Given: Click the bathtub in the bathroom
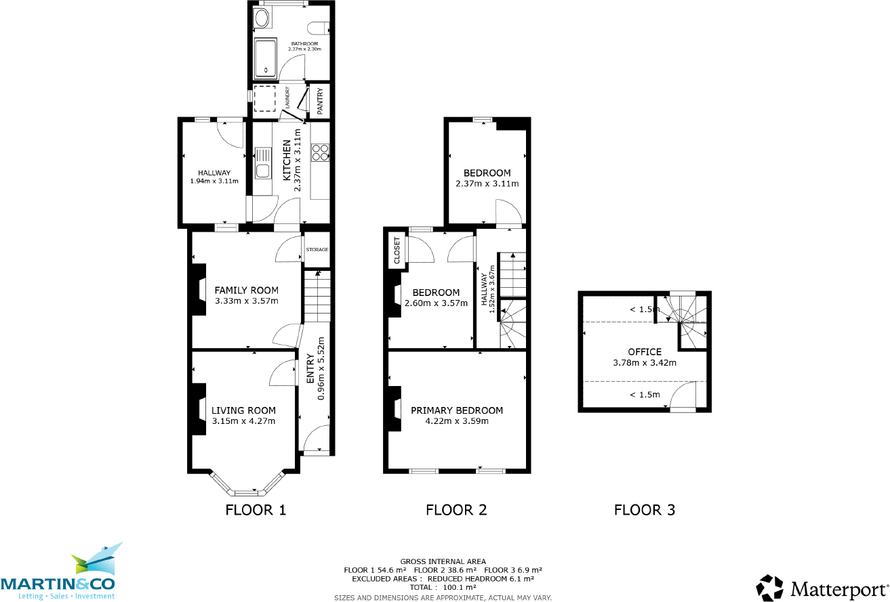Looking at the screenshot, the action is (266, 58).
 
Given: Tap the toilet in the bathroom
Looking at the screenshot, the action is (319, 28).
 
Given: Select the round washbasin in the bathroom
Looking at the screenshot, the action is (262, 18).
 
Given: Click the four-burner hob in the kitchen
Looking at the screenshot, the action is (320, 152).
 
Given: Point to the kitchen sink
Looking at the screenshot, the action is (262, 163).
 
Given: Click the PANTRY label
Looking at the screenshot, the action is (320, 101).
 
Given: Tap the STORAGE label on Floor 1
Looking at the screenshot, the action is (317, 250).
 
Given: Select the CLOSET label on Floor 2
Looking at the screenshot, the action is (397, 251).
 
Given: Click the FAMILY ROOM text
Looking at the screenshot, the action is (246, 290).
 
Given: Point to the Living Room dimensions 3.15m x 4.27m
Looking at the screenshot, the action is (243, 421).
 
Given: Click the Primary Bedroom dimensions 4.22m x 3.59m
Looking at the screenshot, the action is (457, 421).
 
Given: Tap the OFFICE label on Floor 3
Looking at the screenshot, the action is (645, 352).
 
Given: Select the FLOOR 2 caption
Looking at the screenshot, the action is (456, 510).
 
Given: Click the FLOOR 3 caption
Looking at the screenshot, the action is (645, 510).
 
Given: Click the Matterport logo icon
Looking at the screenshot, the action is (769, 588).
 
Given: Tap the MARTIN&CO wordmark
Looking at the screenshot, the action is (58, 584).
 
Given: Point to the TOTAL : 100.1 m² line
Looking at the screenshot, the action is (443, 587).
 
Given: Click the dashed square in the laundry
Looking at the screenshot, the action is (264, 99).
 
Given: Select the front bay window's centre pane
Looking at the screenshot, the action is (246, 493).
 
